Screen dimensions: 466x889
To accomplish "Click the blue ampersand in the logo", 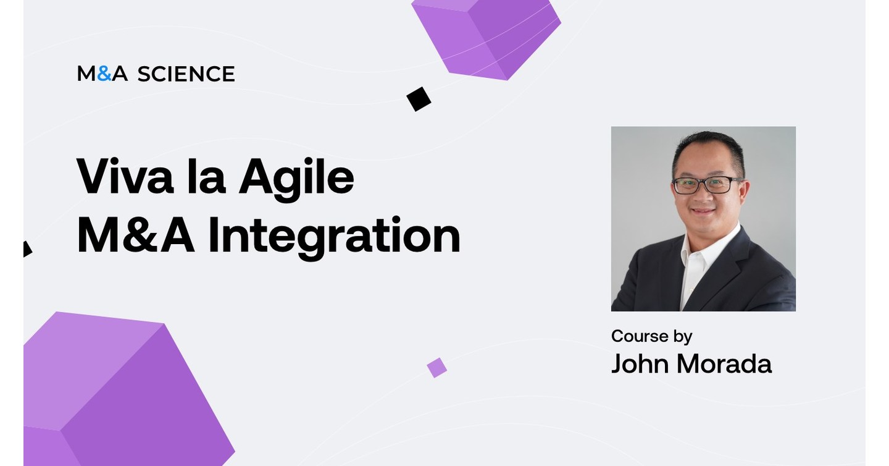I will tap(104, 74).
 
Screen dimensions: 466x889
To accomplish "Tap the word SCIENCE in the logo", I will tap(186, 74).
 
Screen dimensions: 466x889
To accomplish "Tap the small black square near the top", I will tap(419, 99).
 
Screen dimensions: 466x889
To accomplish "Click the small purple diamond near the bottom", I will tap(436, 367).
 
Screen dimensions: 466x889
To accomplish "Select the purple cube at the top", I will tap(487, 36).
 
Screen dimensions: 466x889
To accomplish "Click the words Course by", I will tap(651, 336).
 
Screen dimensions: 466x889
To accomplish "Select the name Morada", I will tap(724, 364).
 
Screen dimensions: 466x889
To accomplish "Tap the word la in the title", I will tap(206, 177).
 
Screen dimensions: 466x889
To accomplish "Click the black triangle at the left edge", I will tap(27, 249).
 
